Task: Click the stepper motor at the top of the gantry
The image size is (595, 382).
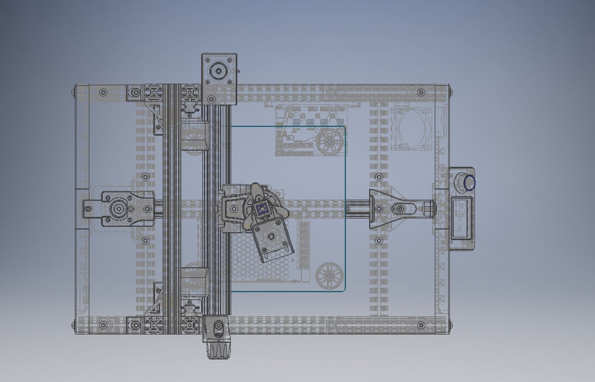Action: tap(219, 79)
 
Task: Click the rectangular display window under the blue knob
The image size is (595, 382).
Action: tap(461, 217)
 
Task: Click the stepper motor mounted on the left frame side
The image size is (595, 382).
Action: tap(118, 209)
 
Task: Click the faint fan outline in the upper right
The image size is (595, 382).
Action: tap(411, 129)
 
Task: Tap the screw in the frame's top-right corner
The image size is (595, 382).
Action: tap(420, 93)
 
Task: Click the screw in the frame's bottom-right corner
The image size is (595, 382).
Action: tap(420, 324)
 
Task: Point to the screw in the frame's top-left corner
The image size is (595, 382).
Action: tap(103, 93)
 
